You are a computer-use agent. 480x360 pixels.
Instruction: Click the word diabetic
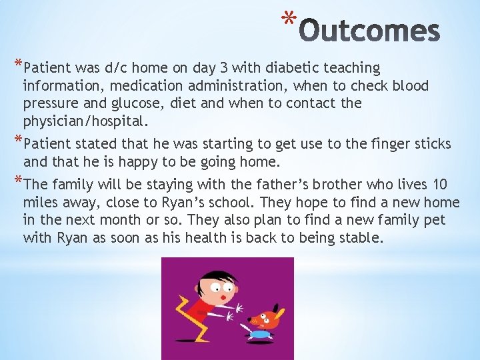pyautogui.click(x=294, y=68)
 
